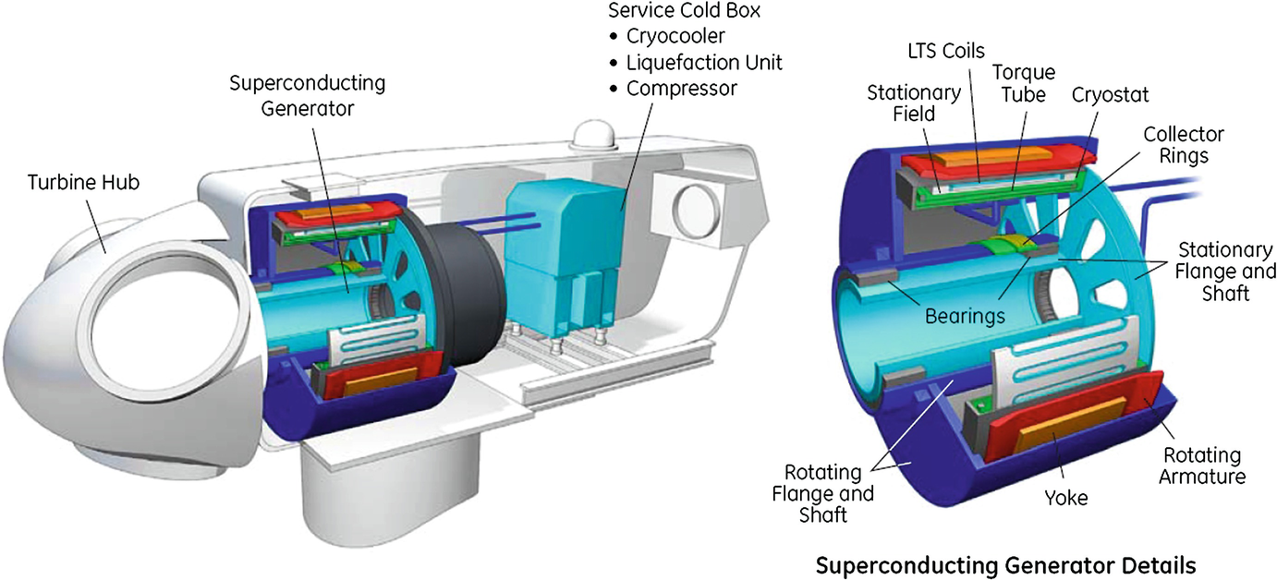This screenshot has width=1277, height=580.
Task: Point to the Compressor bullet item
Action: coord(682,89)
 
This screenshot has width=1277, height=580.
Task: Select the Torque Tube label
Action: coord(1023,83)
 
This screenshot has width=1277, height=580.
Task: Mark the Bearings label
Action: coord(964,316)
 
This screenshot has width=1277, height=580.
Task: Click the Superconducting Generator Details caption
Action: coord(1006,563)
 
